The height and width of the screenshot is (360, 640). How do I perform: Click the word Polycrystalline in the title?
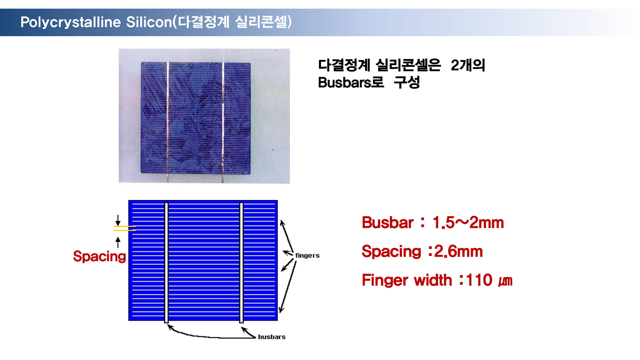pyautogui.click(x=71, y=22)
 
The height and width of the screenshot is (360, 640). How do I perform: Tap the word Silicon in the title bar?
pyautogui.click(x=149, y=22)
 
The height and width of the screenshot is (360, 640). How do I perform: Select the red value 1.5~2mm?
pyautogui.click(x=468, y=222)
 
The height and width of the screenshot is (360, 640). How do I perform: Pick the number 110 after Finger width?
pyautogui.click(x=479, y=280)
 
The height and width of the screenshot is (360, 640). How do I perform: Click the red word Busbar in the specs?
pyautogui.click(x=388, y=222)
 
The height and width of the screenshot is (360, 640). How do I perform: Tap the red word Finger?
pyautogui.click(x=386, y=280)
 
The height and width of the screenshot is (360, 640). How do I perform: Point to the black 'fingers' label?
pyautogui.click(x=307, y=255)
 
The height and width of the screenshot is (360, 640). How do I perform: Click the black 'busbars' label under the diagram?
pyautogui.click(x=272, y=337)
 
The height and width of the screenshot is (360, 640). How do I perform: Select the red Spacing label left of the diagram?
pyautogui.click(x=100, y=256)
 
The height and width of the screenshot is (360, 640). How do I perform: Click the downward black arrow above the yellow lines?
pyautogui.click(x=118, y=220)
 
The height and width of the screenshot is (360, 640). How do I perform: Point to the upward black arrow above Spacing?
pyautogui.click(x=118, y=242)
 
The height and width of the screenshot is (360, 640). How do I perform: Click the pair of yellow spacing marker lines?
pyautogui.click(x=124, y=228)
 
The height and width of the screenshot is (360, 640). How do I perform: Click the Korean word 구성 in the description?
pyautogui.click(x=407, y=83)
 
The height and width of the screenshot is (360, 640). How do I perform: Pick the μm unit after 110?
pyautogui.click(x=506, y=281)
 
